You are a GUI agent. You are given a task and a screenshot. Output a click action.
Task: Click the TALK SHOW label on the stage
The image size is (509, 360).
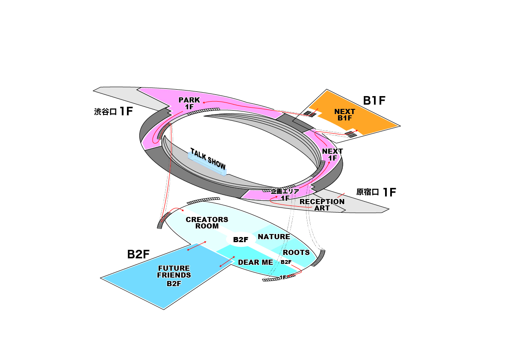pyautogui.click(x=208, y=159)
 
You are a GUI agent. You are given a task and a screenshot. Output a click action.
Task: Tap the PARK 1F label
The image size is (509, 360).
pyautogui.click(x=189, y=103)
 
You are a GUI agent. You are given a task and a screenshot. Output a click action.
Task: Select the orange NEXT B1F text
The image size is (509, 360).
pyautogui.click(x=344, y=114)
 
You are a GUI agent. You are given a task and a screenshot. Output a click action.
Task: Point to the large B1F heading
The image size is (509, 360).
pyautogui.click(x=374, y=101)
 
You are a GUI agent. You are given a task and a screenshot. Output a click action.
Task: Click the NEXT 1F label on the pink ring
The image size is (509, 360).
pyautogui.click(x=332, y=155)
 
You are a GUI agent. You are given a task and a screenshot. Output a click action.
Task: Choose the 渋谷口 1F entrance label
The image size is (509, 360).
pyautogui.click(x=113, y=111)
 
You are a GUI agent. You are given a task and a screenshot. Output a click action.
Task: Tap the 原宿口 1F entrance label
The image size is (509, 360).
pyautogui.click(x=376, y=192)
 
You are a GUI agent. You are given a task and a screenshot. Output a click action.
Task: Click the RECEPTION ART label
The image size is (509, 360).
pyautogui.click(x=322, y=205)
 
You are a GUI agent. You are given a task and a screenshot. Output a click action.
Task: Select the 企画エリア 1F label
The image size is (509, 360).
pyautogui.click(x=285, y=195)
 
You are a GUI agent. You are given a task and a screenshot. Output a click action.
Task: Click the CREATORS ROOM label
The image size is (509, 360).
pyautogui.click(x=207, y=222)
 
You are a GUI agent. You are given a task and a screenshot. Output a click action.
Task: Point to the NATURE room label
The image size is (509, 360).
pyautogui.click(x=274, y=237)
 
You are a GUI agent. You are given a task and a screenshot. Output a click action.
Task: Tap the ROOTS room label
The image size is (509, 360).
pyautogui.click(x=296, y=252)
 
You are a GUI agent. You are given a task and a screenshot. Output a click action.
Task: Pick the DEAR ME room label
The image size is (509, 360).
pyautogui.click(x=255, y=262)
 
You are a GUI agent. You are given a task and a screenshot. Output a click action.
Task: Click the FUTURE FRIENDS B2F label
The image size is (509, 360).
pyautogui.click(x=174, y=275)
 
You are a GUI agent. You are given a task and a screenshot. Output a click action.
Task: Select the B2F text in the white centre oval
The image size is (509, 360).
pyautogui.click(x=241, y=240)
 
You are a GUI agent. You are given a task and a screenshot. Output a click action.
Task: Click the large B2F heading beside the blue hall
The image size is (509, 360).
pyautogui.click(x=138, y=254)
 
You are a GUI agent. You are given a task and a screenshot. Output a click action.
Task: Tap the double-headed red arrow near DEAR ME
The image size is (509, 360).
pyautogui.click(x=227, y=262)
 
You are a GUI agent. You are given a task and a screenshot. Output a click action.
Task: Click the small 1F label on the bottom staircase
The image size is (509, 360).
pyautogui.click(x=282, y=278)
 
